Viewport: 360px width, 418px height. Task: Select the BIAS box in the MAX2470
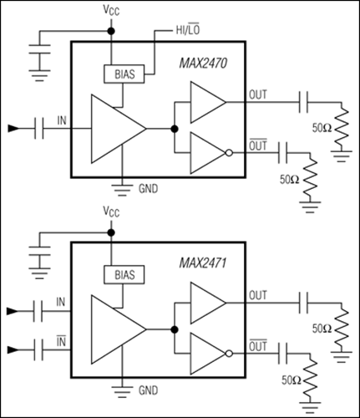[x=121, y=74]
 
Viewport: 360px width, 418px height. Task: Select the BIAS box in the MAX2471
[x=121, y=273]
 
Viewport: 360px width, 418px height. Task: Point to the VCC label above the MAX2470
[x=111, y=12]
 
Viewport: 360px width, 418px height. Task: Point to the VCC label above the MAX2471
[x=111, y=212]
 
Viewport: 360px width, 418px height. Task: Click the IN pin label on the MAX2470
[x=60, y=120]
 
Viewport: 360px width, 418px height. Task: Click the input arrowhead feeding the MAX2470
[x=13, y=129]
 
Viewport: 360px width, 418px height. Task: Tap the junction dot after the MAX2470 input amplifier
[x=175, y=129]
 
